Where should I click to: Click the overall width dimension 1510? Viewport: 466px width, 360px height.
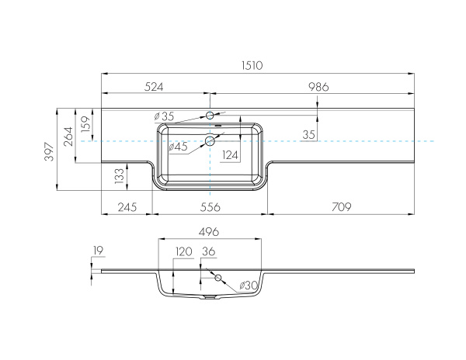(252, 65)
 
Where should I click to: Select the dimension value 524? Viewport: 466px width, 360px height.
(154, 87)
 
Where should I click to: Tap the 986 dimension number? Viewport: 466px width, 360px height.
(318, 87)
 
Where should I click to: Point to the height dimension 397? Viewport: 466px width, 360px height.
(50, 151)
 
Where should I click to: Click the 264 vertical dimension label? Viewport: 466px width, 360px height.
(68, 137)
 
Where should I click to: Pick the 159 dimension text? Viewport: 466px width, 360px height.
(85, 124)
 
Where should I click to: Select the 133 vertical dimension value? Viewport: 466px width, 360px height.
(120, 175)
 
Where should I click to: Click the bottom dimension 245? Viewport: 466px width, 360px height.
(127, 207)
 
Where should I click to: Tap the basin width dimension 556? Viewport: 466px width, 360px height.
(210, 207)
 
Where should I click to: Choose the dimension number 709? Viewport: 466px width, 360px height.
(342, 206)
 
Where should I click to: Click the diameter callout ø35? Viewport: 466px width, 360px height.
(164, 116)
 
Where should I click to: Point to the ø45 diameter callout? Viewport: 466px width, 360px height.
(178, 147)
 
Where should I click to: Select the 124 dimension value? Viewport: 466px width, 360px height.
(231, 155)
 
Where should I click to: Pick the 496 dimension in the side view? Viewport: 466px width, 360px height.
(209, 231)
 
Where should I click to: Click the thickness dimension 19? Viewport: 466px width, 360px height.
(98, 251)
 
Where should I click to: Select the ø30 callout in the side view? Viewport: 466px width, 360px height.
(249, 286)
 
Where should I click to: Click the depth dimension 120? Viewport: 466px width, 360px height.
(184, 251)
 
